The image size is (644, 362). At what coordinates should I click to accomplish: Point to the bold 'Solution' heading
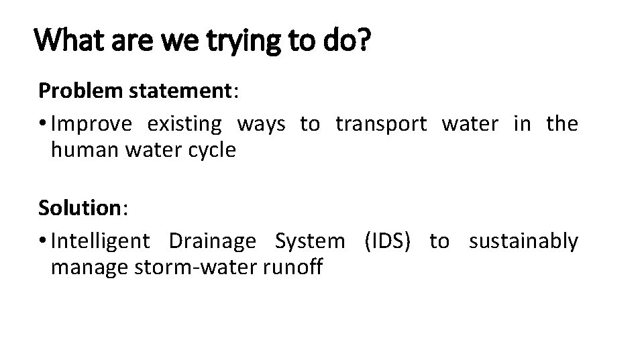coord(78,208)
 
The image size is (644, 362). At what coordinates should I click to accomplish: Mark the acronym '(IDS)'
coord(387,241)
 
